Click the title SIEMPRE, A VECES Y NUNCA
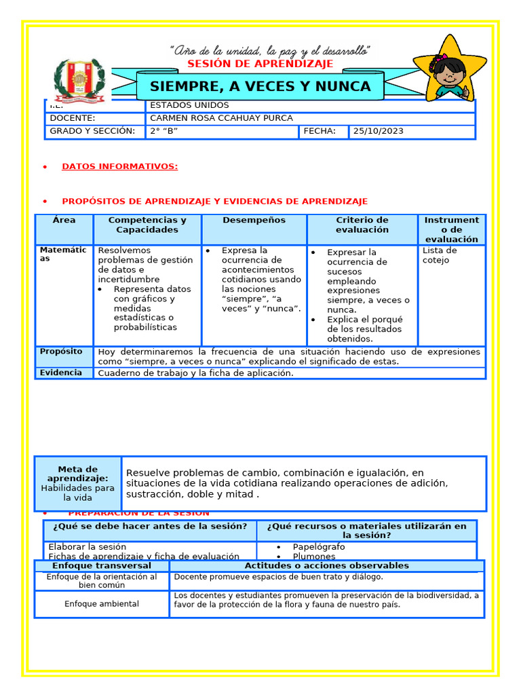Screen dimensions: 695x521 (260, 87)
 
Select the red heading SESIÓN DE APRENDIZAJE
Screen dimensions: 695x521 (260, 64)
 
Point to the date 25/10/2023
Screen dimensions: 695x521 (378, 131)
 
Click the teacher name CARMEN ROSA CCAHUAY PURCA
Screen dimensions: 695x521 (221, 118)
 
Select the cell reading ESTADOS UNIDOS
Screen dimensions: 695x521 (189, 106)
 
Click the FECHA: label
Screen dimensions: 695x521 (320, 131)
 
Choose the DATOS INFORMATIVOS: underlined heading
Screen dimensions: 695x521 (119, 166)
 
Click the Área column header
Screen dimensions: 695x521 (64, 221)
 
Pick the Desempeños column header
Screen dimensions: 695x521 (254, 221)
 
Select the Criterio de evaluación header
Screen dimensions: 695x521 (362, 225)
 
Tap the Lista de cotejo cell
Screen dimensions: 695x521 (440, 255)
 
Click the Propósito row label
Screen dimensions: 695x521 (61, 352)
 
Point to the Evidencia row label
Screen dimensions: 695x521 (61, 373)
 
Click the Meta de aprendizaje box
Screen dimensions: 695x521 (78, 483)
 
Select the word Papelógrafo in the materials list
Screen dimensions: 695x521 (318, 546)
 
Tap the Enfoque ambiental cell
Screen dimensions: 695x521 (102, 604)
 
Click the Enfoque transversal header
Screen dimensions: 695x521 (102, 565)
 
